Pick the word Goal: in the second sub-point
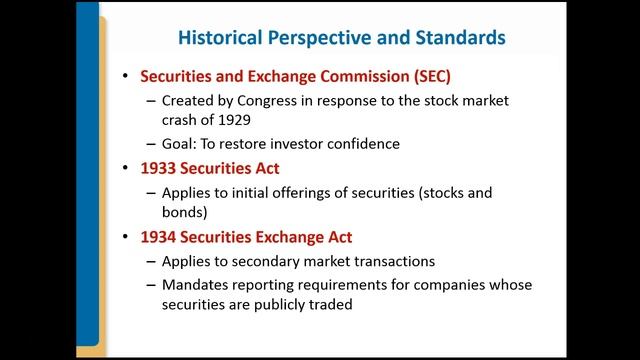(x=184, y=143)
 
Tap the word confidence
(x=361, y=143)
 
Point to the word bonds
(x=185, y=211)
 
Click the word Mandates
(x=197, y=285)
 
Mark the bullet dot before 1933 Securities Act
(x=125, y=168)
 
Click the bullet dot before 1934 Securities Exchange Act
(x=125, y=238)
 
